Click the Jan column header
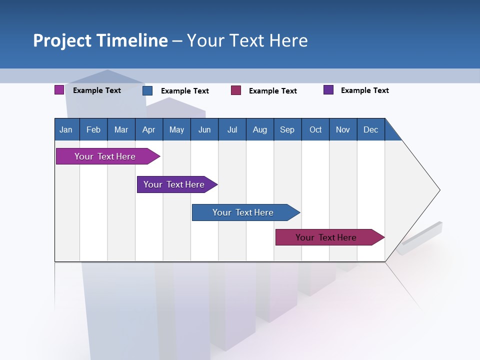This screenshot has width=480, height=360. (x=66, y=130)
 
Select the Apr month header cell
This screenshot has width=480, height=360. (x=149, y=130)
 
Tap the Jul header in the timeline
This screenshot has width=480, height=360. (x=232, y=130)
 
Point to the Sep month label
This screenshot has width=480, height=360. (x=287, y=130)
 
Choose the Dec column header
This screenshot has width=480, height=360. (x=370, y=130)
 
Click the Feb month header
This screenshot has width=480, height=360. (x=93, y=130)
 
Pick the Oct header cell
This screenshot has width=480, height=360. (x=315, y=130)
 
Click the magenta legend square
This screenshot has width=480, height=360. (x=59, y=90)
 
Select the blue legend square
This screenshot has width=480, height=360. (x=147, y=90)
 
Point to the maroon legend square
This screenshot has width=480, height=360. (x=236, y=90)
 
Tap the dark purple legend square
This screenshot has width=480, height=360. (x=328, y=90)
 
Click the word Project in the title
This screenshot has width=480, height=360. (x=61, y=40)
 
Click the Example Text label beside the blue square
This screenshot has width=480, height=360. (x=184, y=91)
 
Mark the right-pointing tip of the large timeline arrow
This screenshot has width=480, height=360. (x=439, y=190)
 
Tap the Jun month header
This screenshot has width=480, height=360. (x=204, y=130)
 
